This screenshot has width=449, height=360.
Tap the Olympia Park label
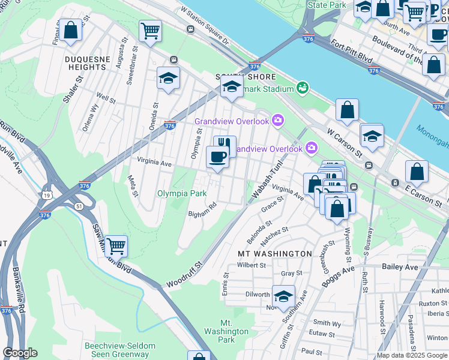182,193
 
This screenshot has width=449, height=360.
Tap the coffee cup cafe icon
217,158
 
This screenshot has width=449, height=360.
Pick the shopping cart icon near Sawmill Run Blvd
116,245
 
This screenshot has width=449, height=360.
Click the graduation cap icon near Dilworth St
283,296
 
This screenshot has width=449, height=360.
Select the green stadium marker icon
302,88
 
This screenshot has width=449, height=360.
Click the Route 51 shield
79,206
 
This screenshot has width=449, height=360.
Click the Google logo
20,352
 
